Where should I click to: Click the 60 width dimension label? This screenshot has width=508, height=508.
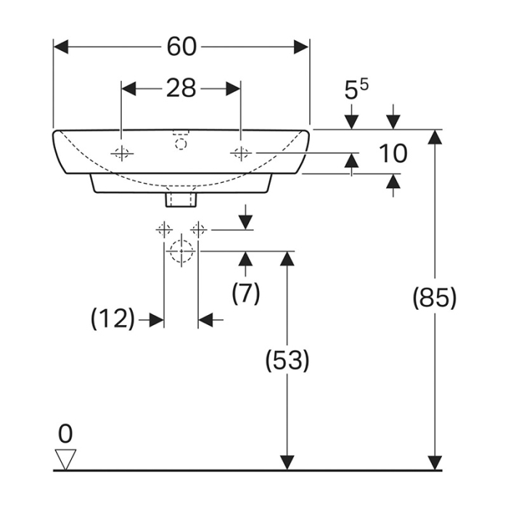[x=181, y=46]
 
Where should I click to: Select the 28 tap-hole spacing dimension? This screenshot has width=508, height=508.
[x=181, y=88]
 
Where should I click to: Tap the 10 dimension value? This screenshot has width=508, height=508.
[x=393, y=153]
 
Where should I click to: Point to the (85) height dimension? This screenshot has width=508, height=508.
[x=434, y=298]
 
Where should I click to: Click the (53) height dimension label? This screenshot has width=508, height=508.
[x=288, y=361]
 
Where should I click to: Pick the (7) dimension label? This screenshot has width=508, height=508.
[x=245, y=292]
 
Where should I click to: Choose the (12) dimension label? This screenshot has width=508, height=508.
[x=113, y=319]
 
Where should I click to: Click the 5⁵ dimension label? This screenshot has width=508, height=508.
[x=356, y=90]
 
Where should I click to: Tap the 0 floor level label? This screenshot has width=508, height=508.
[x=65, y=434]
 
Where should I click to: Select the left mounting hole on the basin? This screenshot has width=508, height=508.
[x=121, y=153]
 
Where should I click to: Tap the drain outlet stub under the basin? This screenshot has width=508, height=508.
[x=181, y=195]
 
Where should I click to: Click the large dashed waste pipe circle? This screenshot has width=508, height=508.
[x=181, y=252]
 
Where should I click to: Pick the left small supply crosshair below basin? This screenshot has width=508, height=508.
[x=164, y=230]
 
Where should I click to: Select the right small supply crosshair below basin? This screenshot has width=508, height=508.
[x=197, y=230]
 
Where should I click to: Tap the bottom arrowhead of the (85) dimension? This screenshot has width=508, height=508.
[x=434, y=463]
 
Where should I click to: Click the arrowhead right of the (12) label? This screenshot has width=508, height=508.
[x=155, y=319]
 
